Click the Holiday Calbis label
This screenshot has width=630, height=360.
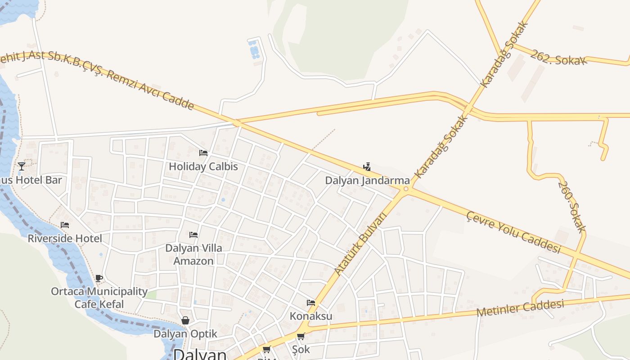click(x=203, y=166)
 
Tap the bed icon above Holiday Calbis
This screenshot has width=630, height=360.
click(x=203, y=153)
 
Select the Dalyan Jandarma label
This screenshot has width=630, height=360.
click(x=367, y=180)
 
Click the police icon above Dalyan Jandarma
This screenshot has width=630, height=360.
click(x=367, y=167)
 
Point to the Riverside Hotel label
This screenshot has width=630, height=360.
click(x=65, y=238)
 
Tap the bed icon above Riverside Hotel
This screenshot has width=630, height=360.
click(x=65, y=225)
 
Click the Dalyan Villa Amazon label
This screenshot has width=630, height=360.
click(x=193, y=254)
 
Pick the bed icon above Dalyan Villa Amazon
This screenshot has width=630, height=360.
click(x=193, y=235)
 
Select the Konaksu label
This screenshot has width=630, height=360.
click(x=311, y=316)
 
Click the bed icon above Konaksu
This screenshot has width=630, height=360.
click(x=311, y=303)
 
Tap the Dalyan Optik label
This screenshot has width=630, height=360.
click(x=185, y=334)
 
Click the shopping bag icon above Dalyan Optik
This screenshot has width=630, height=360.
click(x=185, y=320)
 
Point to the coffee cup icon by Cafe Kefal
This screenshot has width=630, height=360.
click(x=99, y=278)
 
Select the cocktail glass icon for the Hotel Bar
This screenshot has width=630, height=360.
click(x=21, y=166)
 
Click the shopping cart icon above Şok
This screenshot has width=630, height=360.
click(x=301, y=337)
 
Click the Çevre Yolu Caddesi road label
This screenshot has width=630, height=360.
click(x=513, y=232)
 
